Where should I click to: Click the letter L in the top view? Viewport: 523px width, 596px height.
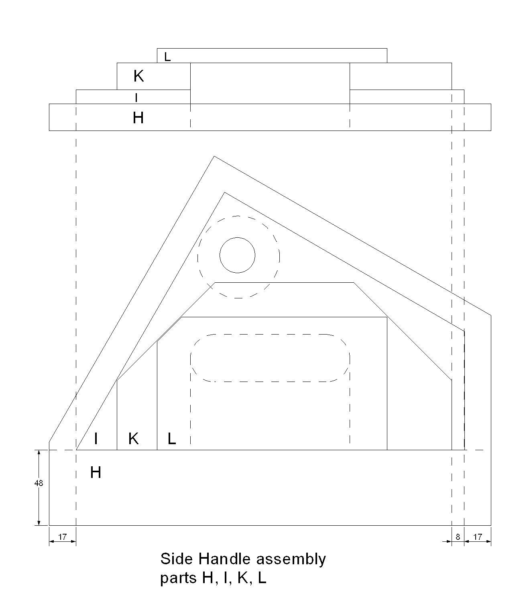tap(167, 57)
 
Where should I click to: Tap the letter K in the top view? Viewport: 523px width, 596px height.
tap(139, 76)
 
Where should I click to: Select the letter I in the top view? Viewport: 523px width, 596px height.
tap(136, 98)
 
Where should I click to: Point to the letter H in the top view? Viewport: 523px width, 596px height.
tap(138, 118)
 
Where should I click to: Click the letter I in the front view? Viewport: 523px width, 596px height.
tap(96, 439)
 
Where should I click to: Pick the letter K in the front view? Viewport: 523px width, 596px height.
tap(134, 439)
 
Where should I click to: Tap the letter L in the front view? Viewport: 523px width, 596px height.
tap(172, 439)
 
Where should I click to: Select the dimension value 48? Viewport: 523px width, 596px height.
tap(39, 483)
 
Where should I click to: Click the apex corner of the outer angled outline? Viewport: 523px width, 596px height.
tap(214, 156)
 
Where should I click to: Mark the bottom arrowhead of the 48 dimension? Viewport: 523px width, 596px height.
tap(39, 523)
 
